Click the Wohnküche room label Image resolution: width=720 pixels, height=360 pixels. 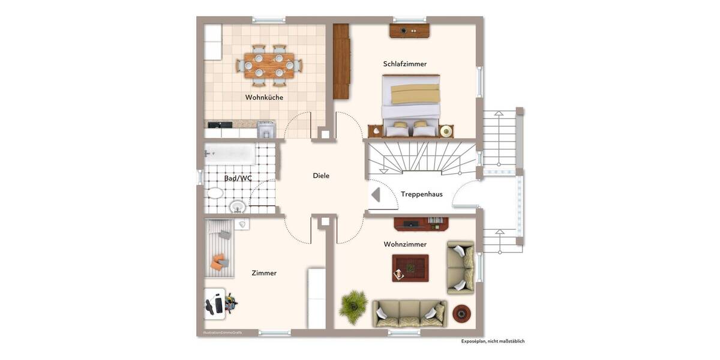click(264, 97)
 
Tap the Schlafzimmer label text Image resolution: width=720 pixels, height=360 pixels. click(405, 64)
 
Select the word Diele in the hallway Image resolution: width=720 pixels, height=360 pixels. click(321, 176)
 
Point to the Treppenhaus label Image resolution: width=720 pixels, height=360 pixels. click(422, 194)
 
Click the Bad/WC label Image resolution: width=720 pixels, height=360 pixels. click(238, 178)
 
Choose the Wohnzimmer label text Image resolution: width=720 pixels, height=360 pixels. click(405, 244)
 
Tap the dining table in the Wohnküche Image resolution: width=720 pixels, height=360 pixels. click(269, 65)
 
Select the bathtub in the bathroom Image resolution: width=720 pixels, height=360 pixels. click(230, 154)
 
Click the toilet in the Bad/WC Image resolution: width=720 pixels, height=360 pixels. click(214, 193)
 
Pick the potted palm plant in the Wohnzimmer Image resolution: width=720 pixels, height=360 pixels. click(353, 306)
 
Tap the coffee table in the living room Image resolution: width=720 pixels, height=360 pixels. click(410, 268)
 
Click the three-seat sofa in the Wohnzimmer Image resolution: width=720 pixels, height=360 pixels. click(409, 313)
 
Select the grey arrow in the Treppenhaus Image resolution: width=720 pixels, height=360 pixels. click(376, 195)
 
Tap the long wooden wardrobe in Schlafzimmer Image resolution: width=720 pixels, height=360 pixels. click(341, 61)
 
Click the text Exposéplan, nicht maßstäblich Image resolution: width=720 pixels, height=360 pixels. click(493, 341)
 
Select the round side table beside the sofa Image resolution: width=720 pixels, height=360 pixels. click(461, 313)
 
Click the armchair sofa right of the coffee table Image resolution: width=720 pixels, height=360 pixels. click(461, 267)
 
